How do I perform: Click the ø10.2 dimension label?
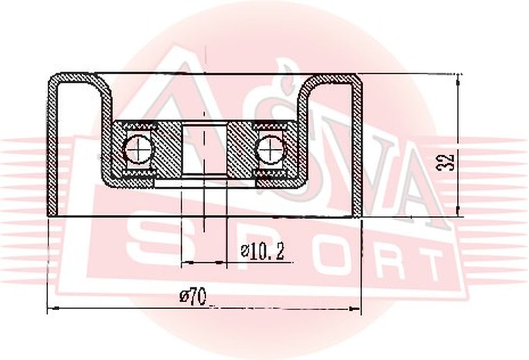262,251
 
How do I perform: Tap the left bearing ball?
138,149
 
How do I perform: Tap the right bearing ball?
271,149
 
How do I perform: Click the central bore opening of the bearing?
204,149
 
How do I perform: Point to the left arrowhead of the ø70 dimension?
54,308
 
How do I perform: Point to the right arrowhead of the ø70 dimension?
354,308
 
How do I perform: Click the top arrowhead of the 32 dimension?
458,80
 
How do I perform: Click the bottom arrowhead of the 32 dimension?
458,210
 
